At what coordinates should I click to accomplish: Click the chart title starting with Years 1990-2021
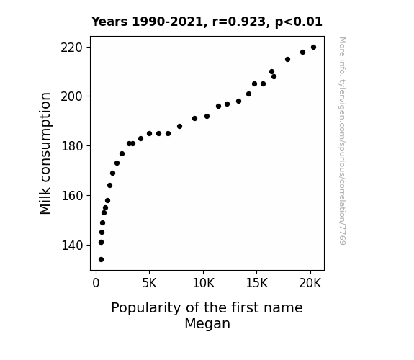tap(207, 22)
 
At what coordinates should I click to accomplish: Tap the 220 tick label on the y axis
tap(72, 48)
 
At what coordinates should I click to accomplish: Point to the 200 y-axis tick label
tap(72, 96)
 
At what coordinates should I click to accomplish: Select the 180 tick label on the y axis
tap(72, 146)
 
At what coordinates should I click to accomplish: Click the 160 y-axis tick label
tap(72, 196)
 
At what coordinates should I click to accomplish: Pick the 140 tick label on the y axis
tap(72, 246)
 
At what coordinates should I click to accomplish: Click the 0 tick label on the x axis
tap(96, 283)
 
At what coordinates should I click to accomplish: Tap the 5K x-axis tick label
tap(150, 283)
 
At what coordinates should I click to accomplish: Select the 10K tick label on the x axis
tap(203, 283)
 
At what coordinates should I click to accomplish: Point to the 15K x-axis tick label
tap(257, 283)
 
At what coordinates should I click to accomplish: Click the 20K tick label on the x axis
tap(310, 283)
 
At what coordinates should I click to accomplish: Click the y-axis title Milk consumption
tap(45, 153)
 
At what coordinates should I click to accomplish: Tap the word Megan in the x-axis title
tap(207, 324)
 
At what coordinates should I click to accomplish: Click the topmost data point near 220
tap(313, 48)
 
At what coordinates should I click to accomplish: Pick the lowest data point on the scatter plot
tap(101, 260)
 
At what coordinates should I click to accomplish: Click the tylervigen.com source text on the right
tap(342, 141)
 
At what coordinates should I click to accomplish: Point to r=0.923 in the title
tap(239, 22)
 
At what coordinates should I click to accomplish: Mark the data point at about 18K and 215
tap(287, 60)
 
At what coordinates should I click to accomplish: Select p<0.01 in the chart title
tap(299, 22)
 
